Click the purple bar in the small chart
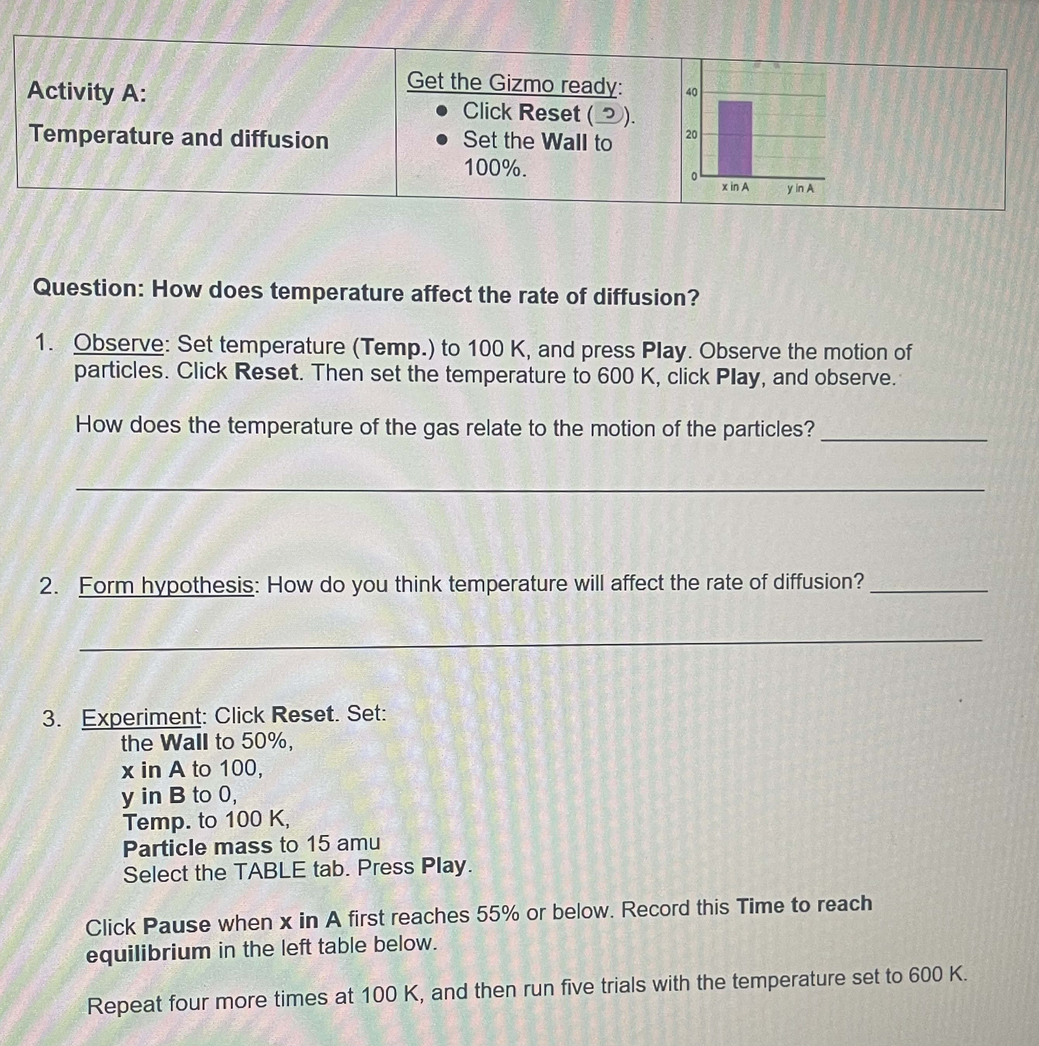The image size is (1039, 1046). click(x=735, y=139)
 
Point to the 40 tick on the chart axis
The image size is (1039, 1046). click(x=692, y=92)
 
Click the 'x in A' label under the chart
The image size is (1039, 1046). click(x=735, y=188)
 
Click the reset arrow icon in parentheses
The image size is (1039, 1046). click(x=609, y=114)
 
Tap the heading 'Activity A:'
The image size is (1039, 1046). click(x=87, y=91)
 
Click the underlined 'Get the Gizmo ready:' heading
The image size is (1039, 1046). click(x=514, y=83)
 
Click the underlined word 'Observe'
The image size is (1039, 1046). click(x=119, y=343)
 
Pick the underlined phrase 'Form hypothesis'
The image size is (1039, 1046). click(x=166, y=585)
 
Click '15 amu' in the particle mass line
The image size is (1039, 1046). click(x=343, y=843)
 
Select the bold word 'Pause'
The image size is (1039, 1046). click(x=177, y=925)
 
